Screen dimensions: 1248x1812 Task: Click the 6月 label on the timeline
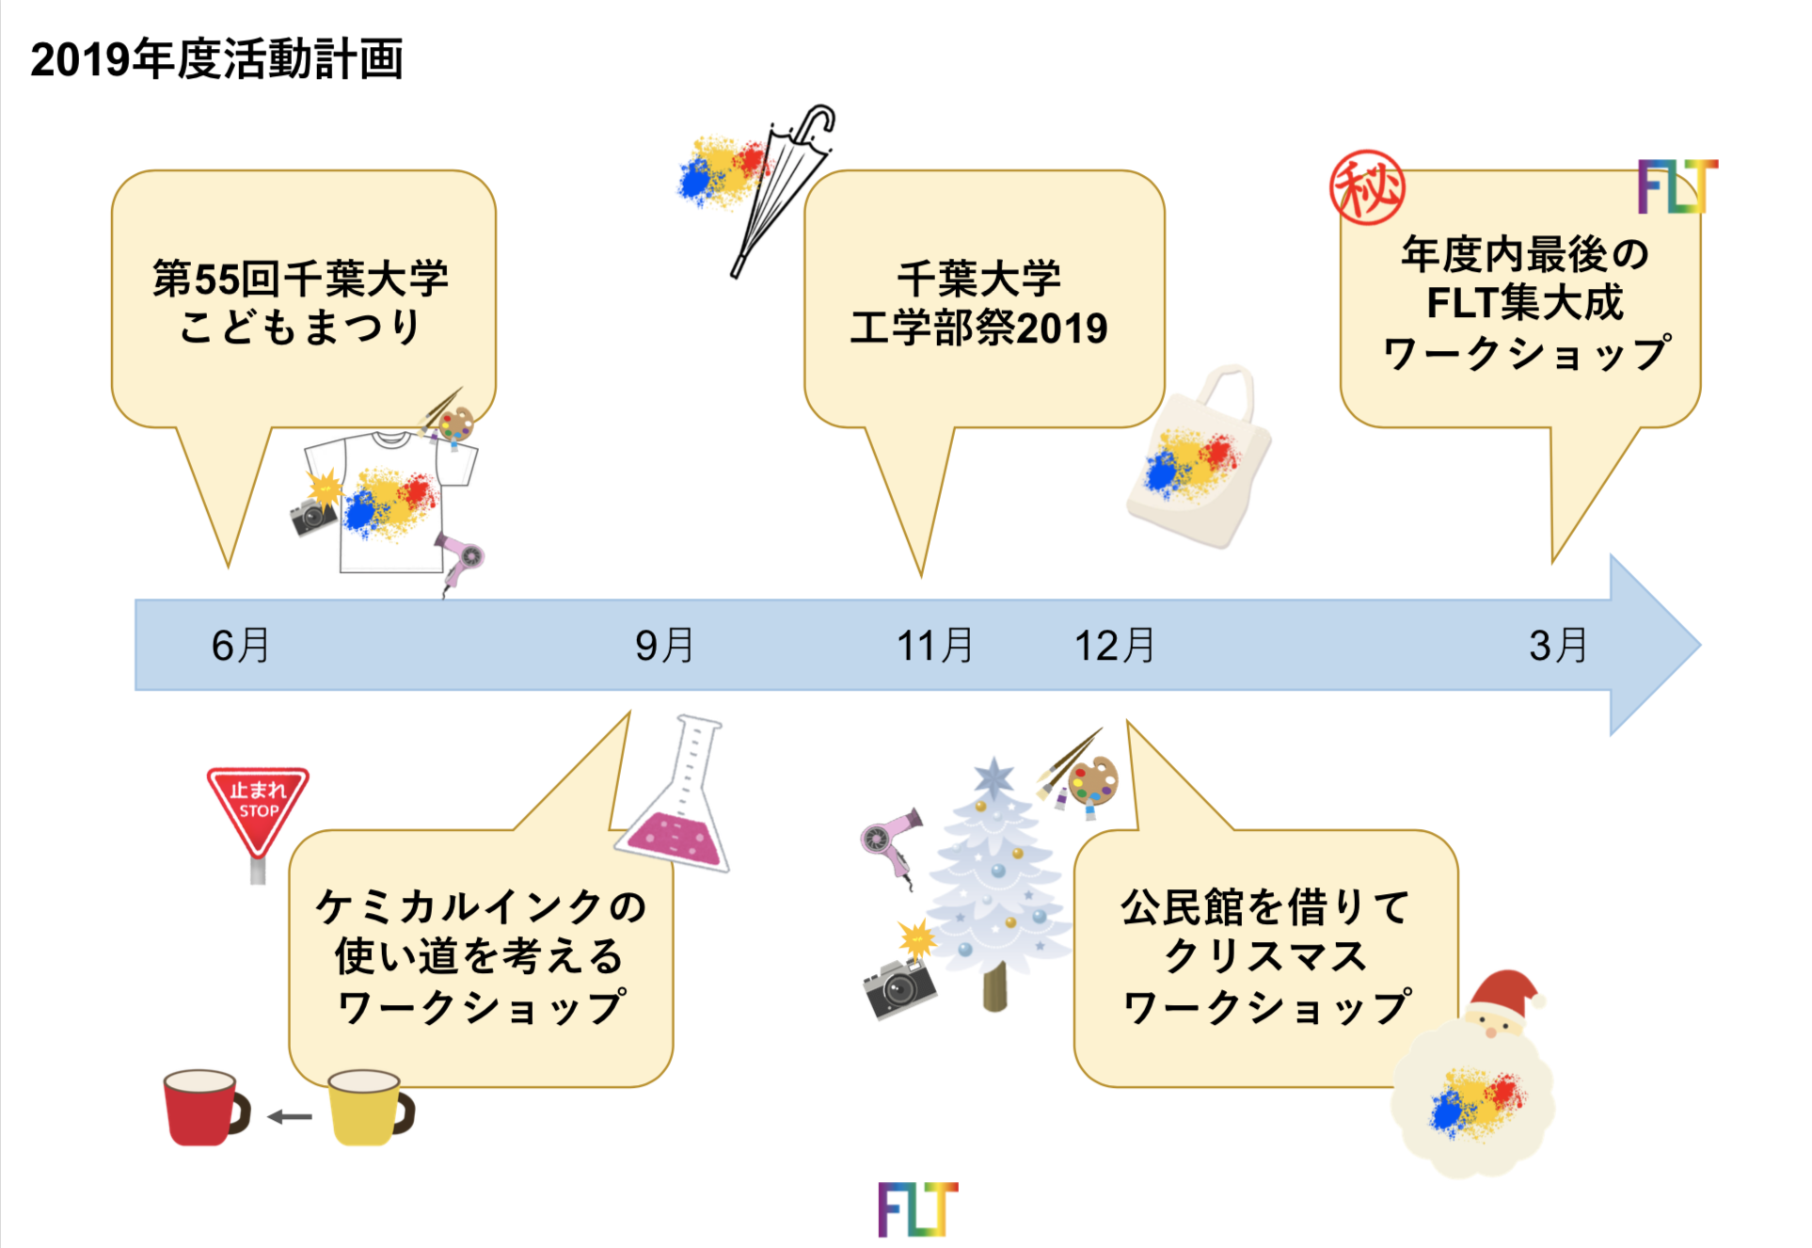click(241, 646)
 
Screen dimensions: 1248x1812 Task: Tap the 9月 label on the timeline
click(664, 646)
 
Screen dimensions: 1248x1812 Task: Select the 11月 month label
click(934, 646)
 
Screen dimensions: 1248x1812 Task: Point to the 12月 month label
click(1115, 646)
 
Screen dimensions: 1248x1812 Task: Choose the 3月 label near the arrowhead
click(1558, 646)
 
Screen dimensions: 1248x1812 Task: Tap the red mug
click(203, 1107)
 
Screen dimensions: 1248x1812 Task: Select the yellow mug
click(367, 1107)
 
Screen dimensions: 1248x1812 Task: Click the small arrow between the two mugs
click(290, 1117)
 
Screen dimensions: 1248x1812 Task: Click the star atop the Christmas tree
click(993, 778)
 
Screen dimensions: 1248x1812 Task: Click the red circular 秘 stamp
click(1367, 187)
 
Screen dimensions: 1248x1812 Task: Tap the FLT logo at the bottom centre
click(917, 1209)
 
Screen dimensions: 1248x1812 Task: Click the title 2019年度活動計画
click(216, 59)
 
